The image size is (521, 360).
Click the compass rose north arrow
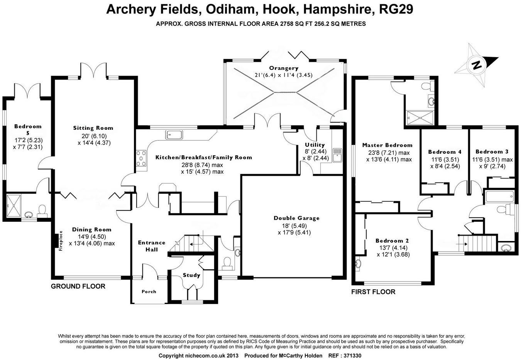point(477,64)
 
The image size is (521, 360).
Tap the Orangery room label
point(284,68)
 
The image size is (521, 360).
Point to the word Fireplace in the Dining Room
point(61,241)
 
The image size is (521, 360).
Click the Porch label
point(149,292)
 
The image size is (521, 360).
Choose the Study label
point(191,275)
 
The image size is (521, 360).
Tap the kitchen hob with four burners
point(141,158)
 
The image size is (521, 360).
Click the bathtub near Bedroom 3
point(500,196)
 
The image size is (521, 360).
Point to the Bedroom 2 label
point(392,241)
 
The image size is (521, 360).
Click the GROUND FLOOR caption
point(78,286)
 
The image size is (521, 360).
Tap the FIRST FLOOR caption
point(373,292)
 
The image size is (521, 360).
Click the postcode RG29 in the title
point(396,9)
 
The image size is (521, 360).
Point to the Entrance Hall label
point(152,246)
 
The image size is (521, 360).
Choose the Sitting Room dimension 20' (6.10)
point(93,136)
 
